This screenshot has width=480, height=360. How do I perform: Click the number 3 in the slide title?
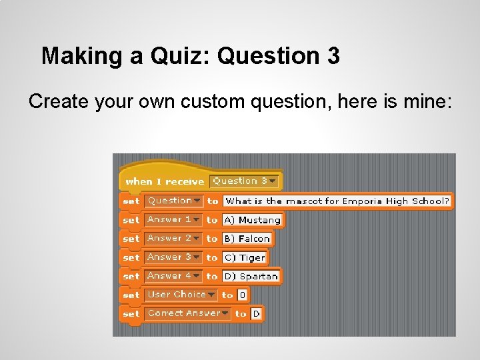[333, 56]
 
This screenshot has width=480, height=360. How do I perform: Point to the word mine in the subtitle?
[426, 102]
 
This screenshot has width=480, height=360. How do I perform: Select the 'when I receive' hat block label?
[164, 181]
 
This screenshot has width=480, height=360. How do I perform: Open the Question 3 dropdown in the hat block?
[245, 181]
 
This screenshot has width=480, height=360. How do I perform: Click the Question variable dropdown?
[174, 201]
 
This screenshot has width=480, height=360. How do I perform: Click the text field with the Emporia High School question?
[337, 201]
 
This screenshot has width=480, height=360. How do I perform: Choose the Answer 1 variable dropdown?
[173, 219]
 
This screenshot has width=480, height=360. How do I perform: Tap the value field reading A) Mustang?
[252, 219]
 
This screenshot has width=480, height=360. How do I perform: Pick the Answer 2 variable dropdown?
[173, 238]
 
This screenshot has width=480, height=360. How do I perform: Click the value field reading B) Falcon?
[247, 238]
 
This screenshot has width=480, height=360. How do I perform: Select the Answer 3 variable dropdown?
[173, 257]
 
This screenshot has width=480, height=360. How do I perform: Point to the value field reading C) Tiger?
[244, 257]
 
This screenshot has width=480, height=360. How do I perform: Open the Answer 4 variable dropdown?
[173, 275]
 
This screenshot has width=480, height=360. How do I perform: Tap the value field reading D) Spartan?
[251, 276]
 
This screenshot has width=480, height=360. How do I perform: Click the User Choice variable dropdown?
[181, 294]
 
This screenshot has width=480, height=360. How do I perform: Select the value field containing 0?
[243, 295]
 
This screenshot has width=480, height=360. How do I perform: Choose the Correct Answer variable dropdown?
[187, 313]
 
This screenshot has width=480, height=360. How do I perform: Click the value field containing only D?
[256, 313]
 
